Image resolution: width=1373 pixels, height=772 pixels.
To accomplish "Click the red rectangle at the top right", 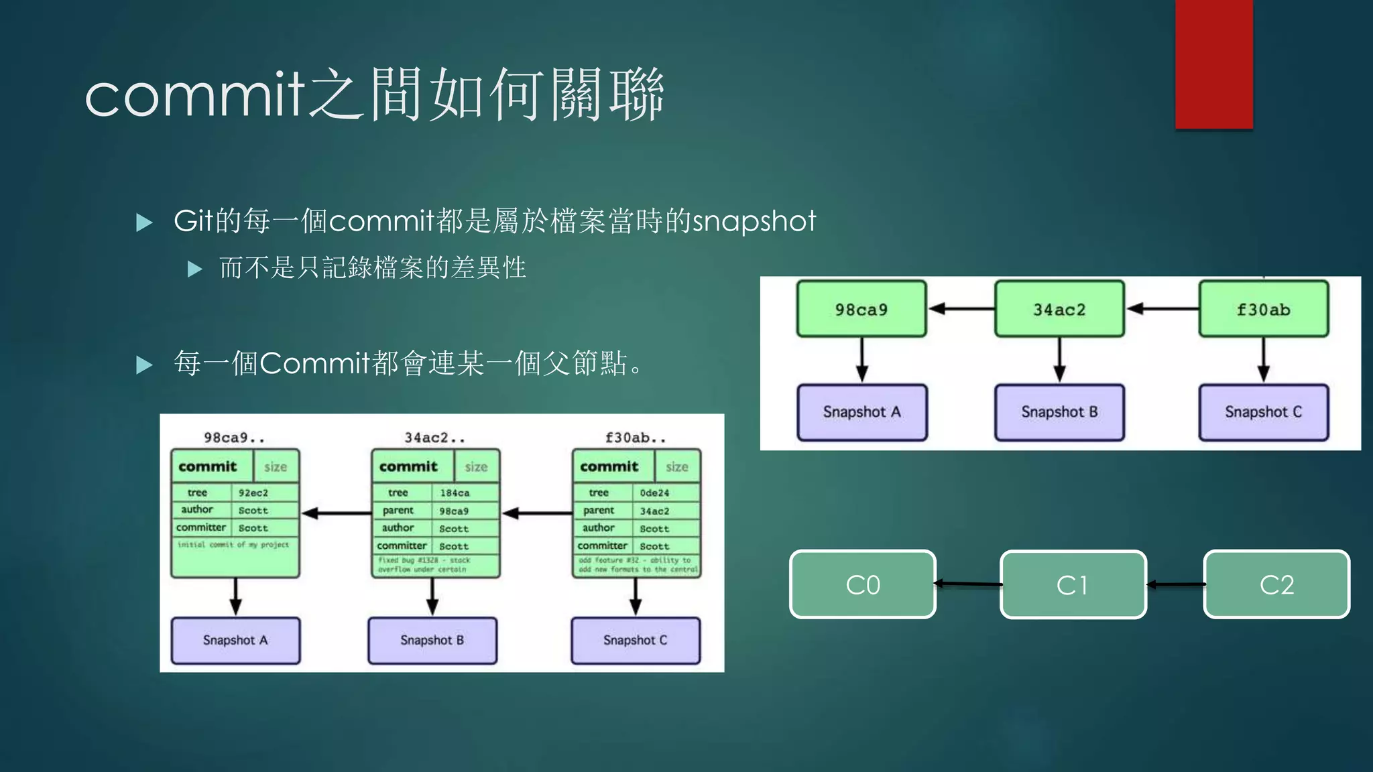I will point(1213,64).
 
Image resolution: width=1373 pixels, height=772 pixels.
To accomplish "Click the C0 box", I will point(863,584).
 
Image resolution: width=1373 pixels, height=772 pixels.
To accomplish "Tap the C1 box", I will point(1073,584).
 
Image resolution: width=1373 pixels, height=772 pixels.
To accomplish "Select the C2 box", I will point(1276,584).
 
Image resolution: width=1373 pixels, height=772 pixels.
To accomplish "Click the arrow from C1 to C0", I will point(968,584).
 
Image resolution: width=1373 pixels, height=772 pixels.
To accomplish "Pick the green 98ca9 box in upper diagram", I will point(861,309).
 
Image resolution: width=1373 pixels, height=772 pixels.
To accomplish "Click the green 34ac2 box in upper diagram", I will point(1059,309).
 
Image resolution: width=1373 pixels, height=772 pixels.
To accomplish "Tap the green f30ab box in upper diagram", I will point(1264,309).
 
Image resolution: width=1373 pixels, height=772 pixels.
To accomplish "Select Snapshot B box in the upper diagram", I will point(1059,412).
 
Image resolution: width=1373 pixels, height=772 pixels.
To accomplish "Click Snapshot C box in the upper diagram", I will point(1264,412).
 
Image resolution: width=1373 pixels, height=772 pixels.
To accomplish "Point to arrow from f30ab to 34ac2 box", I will point(1162,309).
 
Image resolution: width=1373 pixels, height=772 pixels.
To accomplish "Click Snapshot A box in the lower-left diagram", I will point(235,640).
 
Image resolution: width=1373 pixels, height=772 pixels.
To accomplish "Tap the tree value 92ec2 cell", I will point(254,493).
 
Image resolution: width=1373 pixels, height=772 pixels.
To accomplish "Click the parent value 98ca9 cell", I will point(455,511).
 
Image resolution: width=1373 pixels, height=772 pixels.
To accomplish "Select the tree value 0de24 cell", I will point(655,493).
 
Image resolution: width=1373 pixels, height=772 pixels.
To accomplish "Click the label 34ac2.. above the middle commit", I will point(434,438).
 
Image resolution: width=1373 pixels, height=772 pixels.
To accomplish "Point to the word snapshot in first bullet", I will point(754,221).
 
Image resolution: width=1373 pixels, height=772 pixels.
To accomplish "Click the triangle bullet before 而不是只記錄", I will point(195,269).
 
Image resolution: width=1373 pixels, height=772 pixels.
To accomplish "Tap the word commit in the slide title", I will point(194,96).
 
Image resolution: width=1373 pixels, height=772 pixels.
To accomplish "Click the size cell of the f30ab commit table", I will point(677,466).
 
